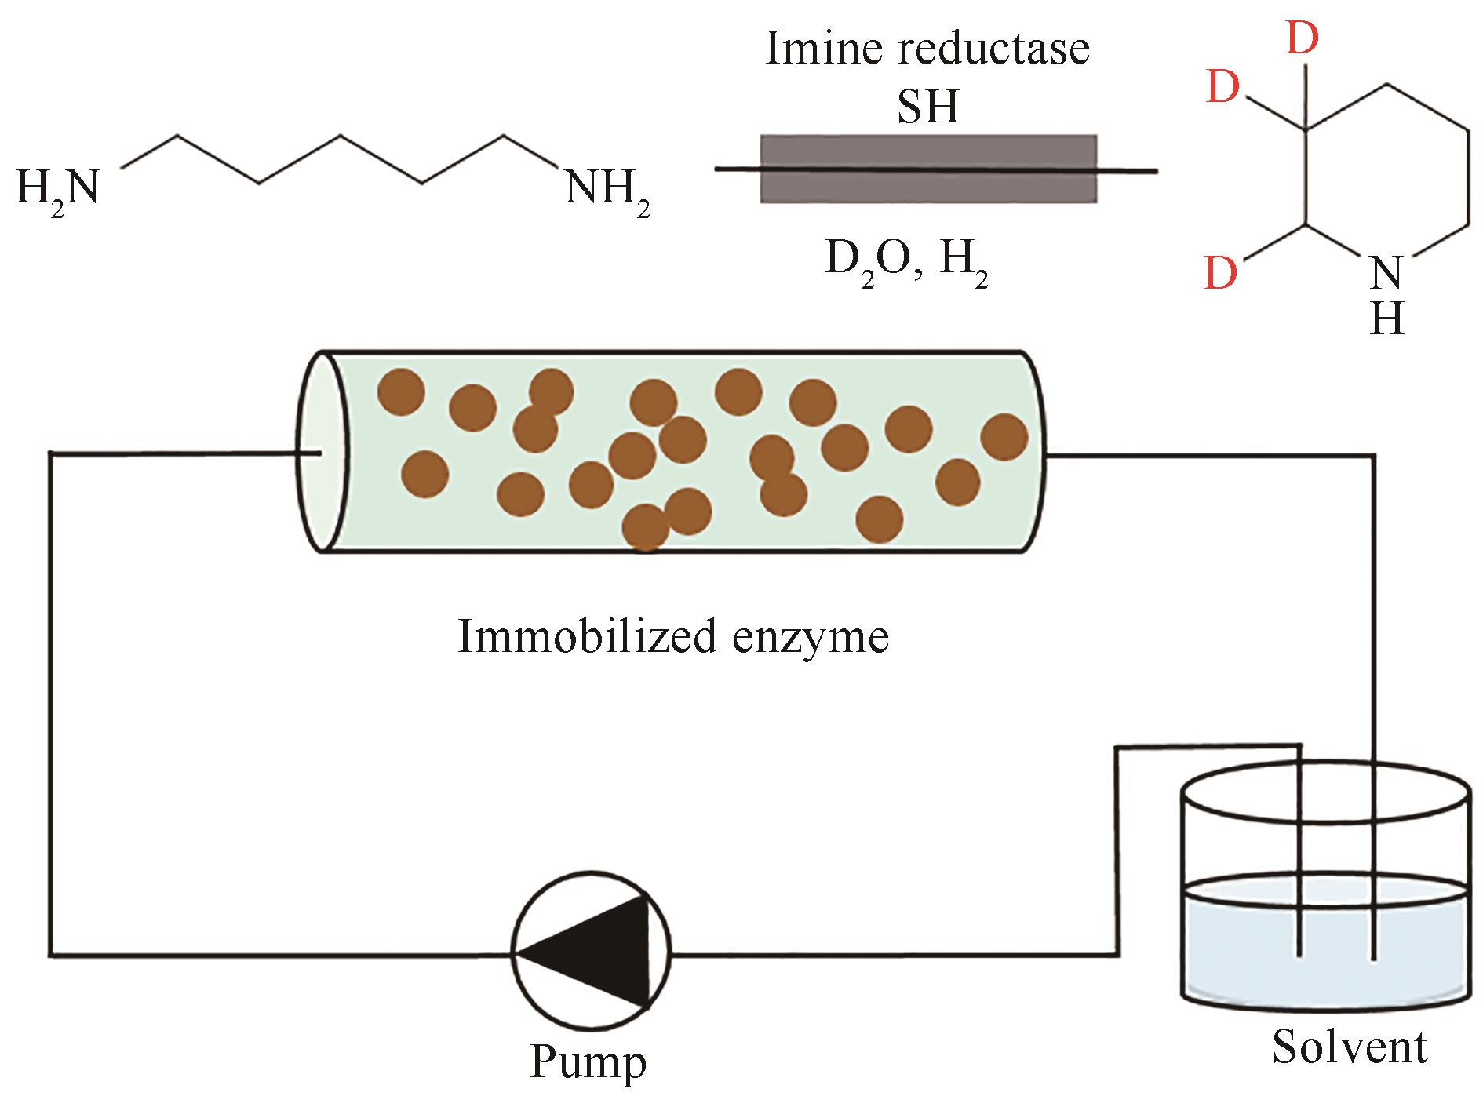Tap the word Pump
588,1063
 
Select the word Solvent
1350,1047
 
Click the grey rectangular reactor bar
928,169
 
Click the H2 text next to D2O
963,259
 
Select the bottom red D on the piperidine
1221,275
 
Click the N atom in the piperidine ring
1386,274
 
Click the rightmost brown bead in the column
1004,437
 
